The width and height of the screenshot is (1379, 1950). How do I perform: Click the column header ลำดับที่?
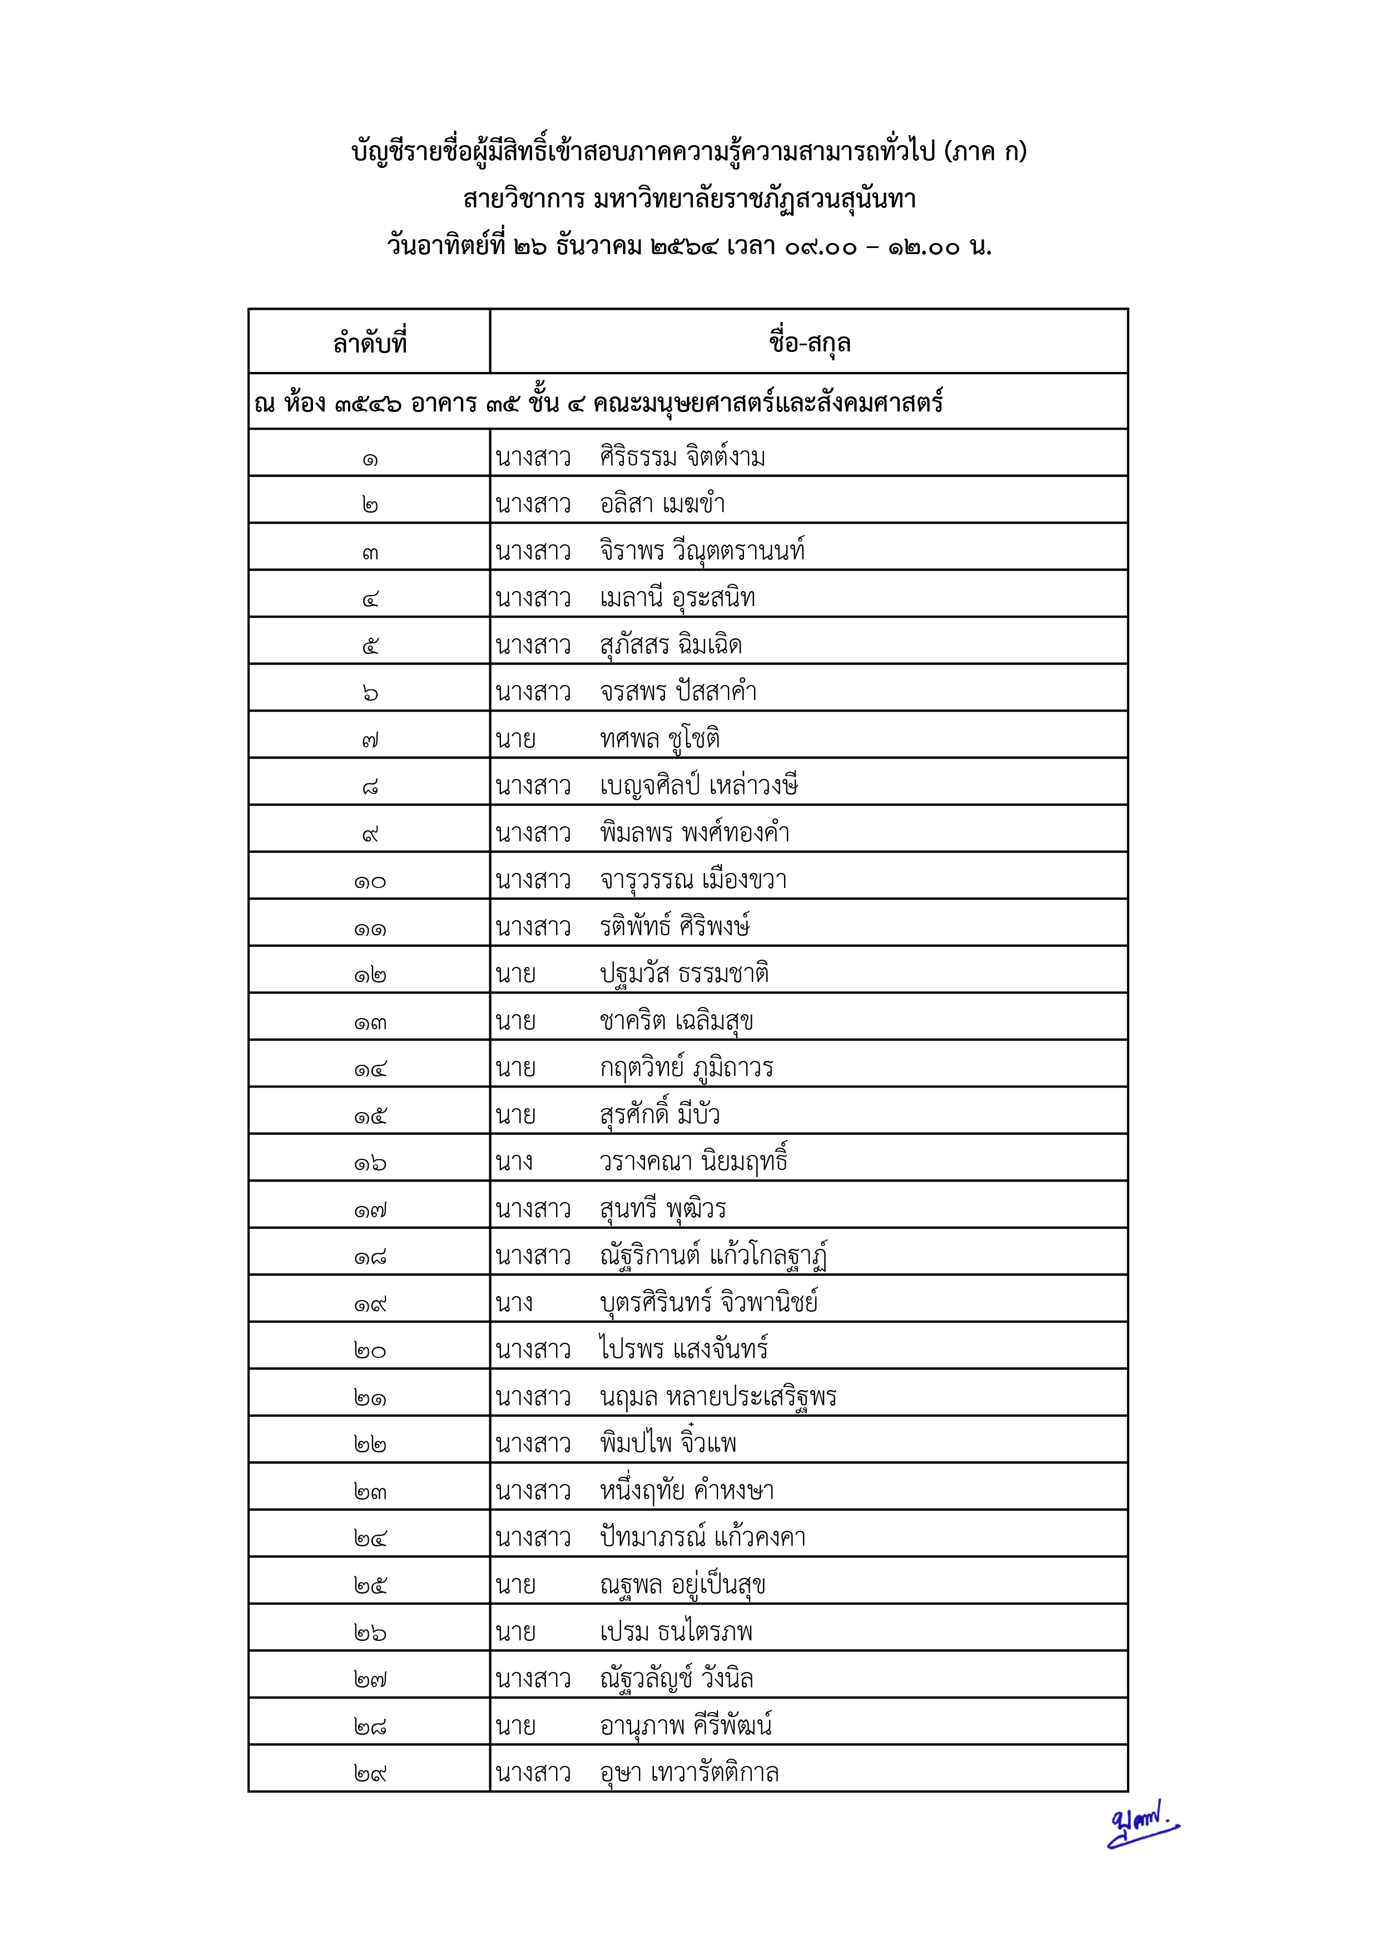[x=369, y=343]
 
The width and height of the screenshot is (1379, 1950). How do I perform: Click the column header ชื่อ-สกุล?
[x=808, y=343]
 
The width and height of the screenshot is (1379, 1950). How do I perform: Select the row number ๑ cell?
[x=369, y=459]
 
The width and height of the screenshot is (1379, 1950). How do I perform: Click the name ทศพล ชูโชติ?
[x=660, y=739]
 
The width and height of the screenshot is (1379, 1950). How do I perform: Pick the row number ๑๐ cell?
[x=369, y=881]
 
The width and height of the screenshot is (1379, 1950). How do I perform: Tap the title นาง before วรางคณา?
[x=514, y=1161]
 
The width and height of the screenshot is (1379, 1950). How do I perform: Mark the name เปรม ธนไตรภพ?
[x=676, y=1631]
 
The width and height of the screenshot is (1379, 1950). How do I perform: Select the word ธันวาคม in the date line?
[x=599, y=247]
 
